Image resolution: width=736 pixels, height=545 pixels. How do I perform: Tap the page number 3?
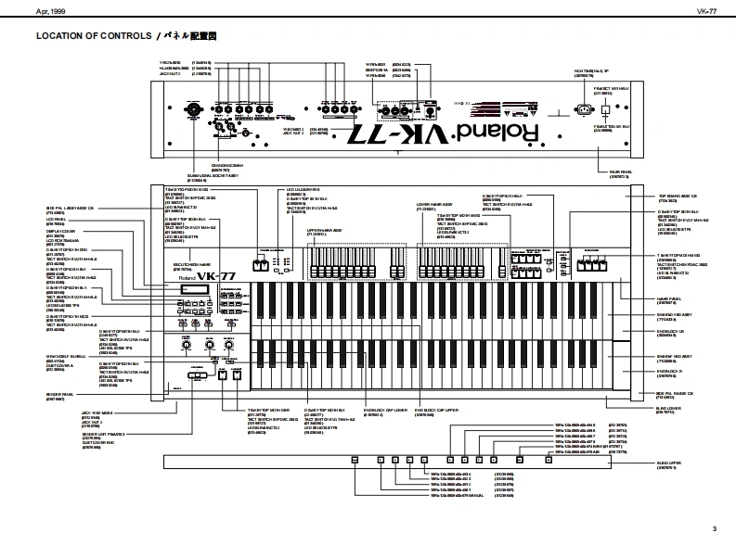[714, 528]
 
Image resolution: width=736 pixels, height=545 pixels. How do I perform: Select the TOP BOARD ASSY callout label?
[678, 196]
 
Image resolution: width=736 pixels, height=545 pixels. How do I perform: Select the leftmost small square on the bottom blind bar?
[355, 460]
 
